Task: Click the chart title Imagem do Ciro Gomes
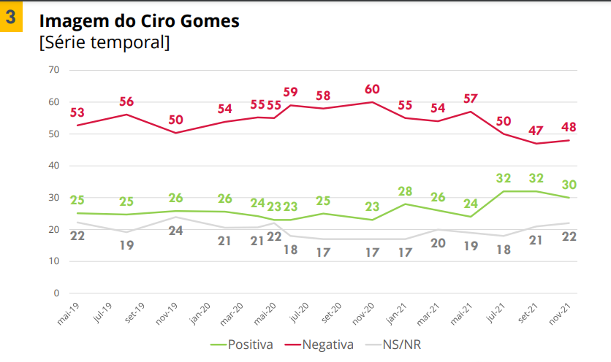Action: pos(139,22)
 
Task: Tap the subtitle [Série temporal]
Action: pos(104,42)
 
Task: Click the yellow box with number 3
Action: pos(12,18)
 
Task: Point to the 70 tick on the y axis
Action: pos(53,70)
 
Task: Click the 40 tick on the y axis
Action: pos(53,166)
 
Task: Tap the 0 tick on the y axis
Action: pos(56,293)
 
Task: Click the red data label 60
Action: pos(372,89)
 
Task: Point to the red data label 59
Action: pos(291,92)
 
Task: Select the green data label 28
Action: pos(406,190)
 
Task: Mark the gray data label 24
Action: pos(175,231)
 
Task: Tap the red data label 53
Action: pos(77,112)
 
